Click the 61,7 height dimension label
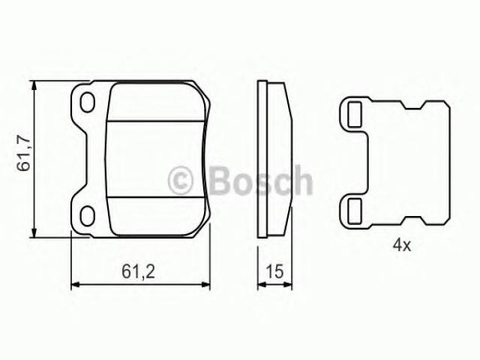[23, 154]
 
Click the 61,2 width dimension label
[138, 271]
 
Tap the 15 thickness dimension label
[274, 271]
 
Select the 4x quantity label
[402, 245]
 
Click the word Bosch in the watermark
[260, 181]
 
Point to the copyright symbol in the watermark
[181, 181]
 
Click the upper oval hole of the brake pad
[87, 102]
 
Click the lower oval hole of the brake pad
[87, 216]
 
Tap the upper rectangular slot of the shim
[355, 115]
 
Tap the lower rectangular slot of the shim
[355, 211]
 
